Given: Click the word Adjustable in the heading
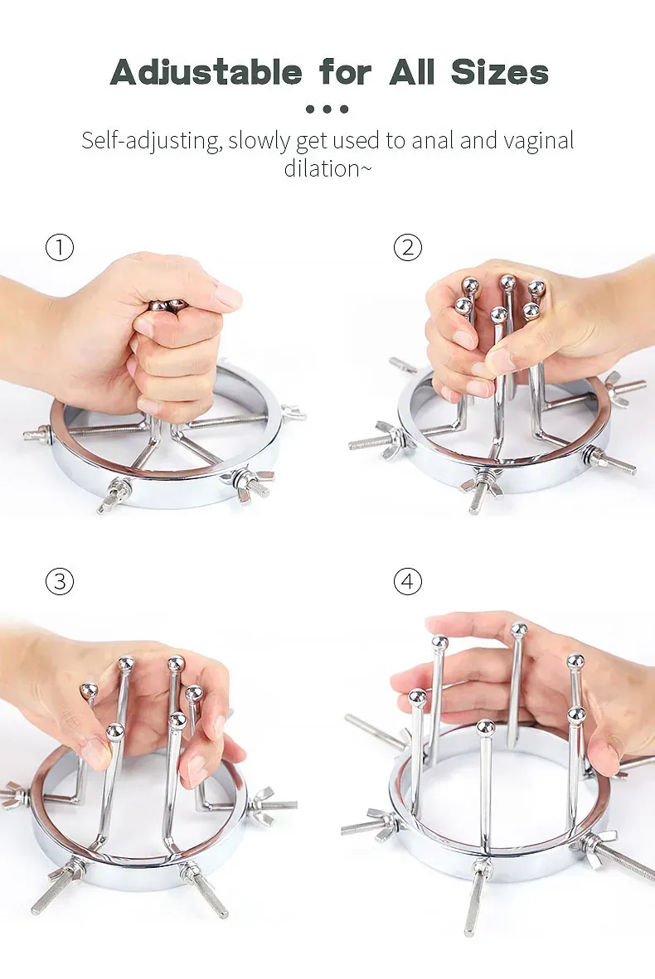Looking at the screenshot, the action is pyautogui.click(x=206, y=72).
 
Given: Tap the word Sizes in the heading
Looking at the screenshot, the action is pyautogui.click(x=499, y=72).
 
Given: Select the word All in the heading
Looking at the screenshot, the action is pyautogui.click(x=412, y=72).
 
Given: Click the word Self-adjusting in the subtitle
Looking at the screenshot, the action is pyautogui.click(x=151, y=140).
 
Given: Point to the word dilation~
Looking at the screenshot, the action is pyautogui.click(x=327, y=168).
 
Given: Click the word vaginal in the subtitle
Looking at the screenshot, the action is pyautogui.click(x=539, y=141).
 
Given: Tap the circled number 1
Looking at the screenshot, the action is pyautogui.click(x=60, y=247).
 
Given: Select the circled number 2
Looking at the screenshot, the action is pyautogui.click(x=408, y=247).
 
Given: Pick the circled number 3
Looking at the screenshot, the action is pyautogui.click(x=60, y=581).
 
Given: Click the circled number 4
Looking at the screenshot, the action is pyautogui.click(x=408, y=581).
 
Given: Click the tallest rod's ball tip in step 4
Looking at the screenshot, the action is pyautogui.click(x=519, y=630).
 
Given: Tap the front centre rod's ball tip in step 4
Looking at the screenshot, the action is pyautogui.click(x=485, y=727).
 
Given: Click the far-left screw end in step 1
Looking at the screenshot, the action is pyautogui.click(x=27, y=435).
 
